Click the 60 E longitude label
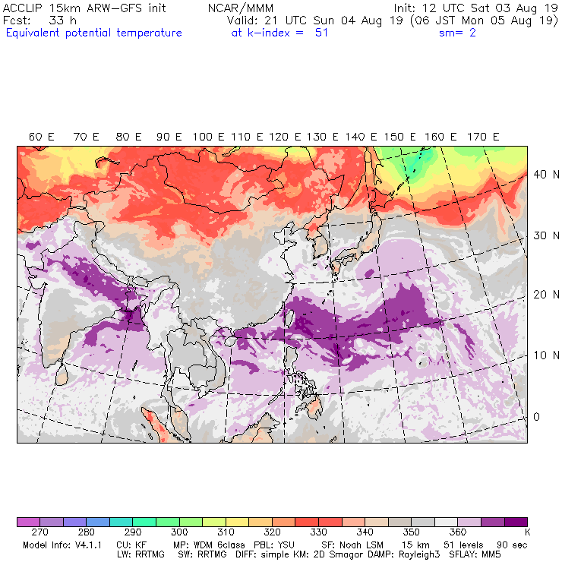pyautogui.click(x=42, y=137)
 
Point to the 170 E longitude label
pyautogui.click(x=484, y=137)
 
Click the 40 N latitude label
pyautogui.click(x=541, y=174)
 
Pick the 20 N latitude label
pyautogui.click(x=541, y=295)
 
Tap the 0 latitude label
pyautogui.click(x=535, y=416)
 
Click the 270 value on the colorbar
pyautogui.click(x=42, y=533)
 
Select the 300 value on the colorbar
pyautogui.click(x=179, y=533)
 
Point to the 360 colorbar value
pyautogui.click(x=458, y=533)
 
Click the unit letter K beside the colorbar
pyautogui.click(x=526, y=533)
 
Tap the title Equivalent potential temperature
pyautogui.click(x=93, y=33)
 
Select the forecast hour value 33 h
pyautogui.click(x=62, y=21)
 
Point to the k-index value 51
pyautogui.click(x=321, y=33)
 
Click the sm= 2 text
pyautogui.click(x=457, y=33)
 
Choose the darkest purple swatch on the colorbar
pyautogui.click(x=516, y=522)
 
